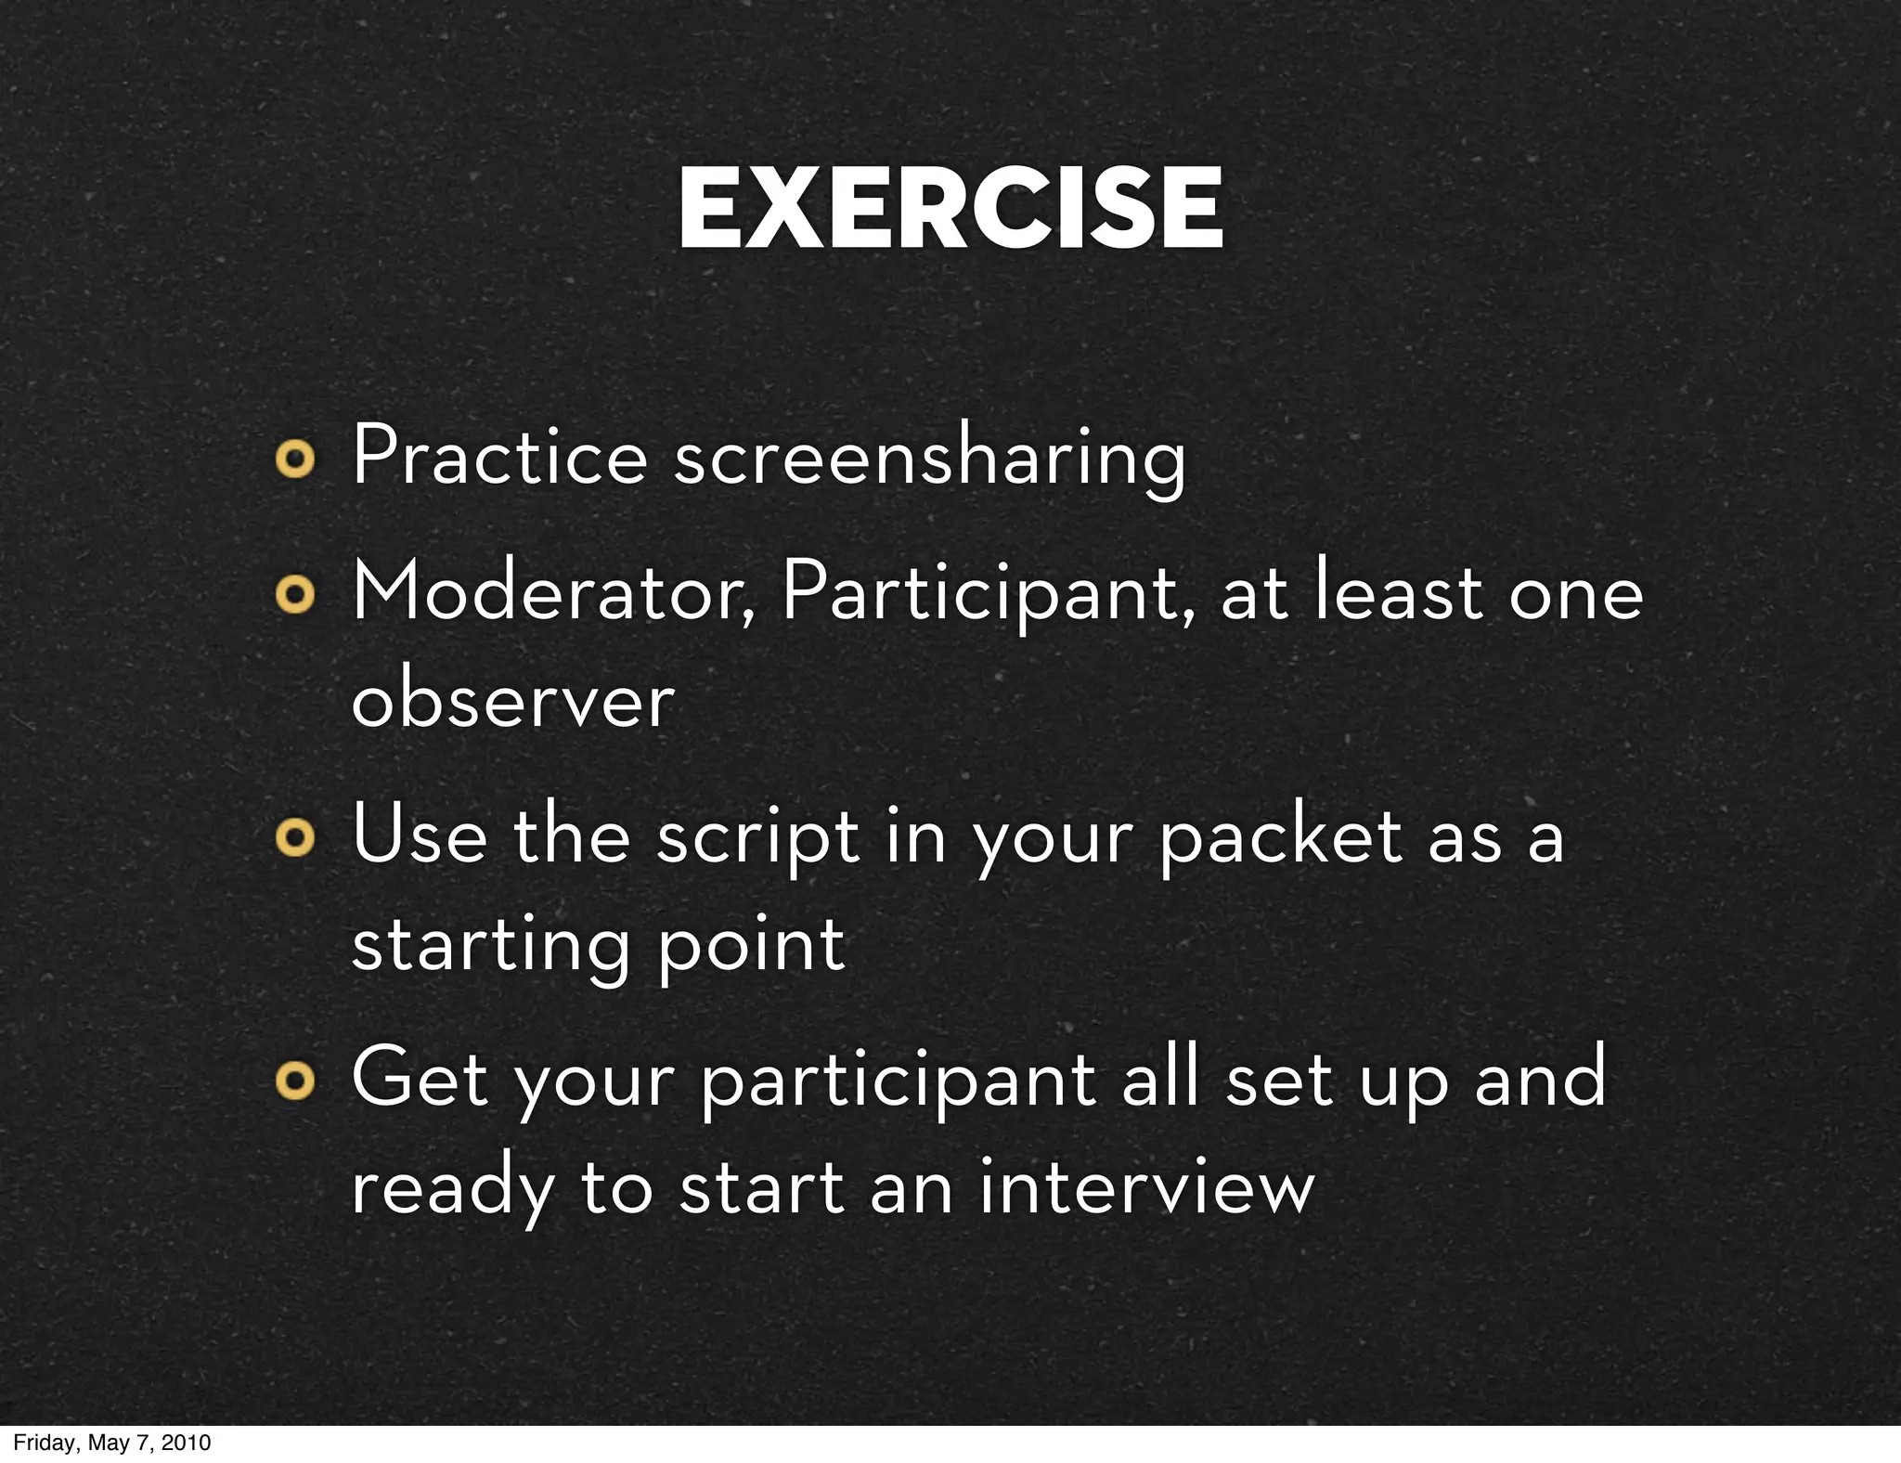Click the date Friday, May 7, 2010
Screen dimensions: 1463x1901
pyautogui.click(x=112, y=1443)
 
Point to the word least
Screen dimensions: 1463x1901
pyautogui.click(x=1399, y=594)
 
